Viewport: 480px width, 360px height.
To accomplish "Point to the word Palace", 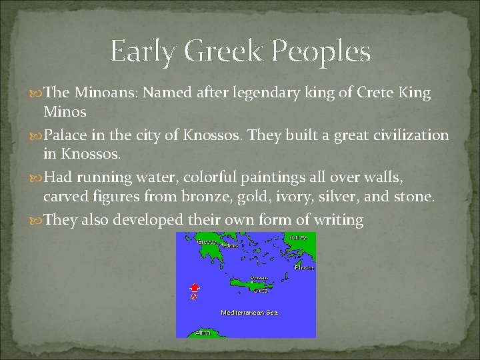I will pos(64,135).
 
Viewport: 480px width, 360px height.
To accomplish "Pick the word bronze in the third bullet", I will pos(206,197).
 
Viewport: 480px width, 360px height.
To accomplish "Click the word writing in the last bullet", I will pos(341,221).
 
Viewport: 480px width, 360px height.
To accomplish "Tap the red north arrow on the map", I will pos(194,287).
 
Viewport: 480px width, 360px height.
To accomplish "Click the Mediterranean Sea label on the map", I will pos(249,312).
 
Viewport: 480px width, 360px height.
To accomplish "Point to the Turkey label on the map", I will pos(298,237).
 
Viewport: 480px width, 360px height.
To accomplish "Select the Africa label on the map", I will pos(203,332).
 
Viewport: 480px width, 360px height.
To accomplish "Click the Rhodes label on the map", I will pos(306,267).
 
